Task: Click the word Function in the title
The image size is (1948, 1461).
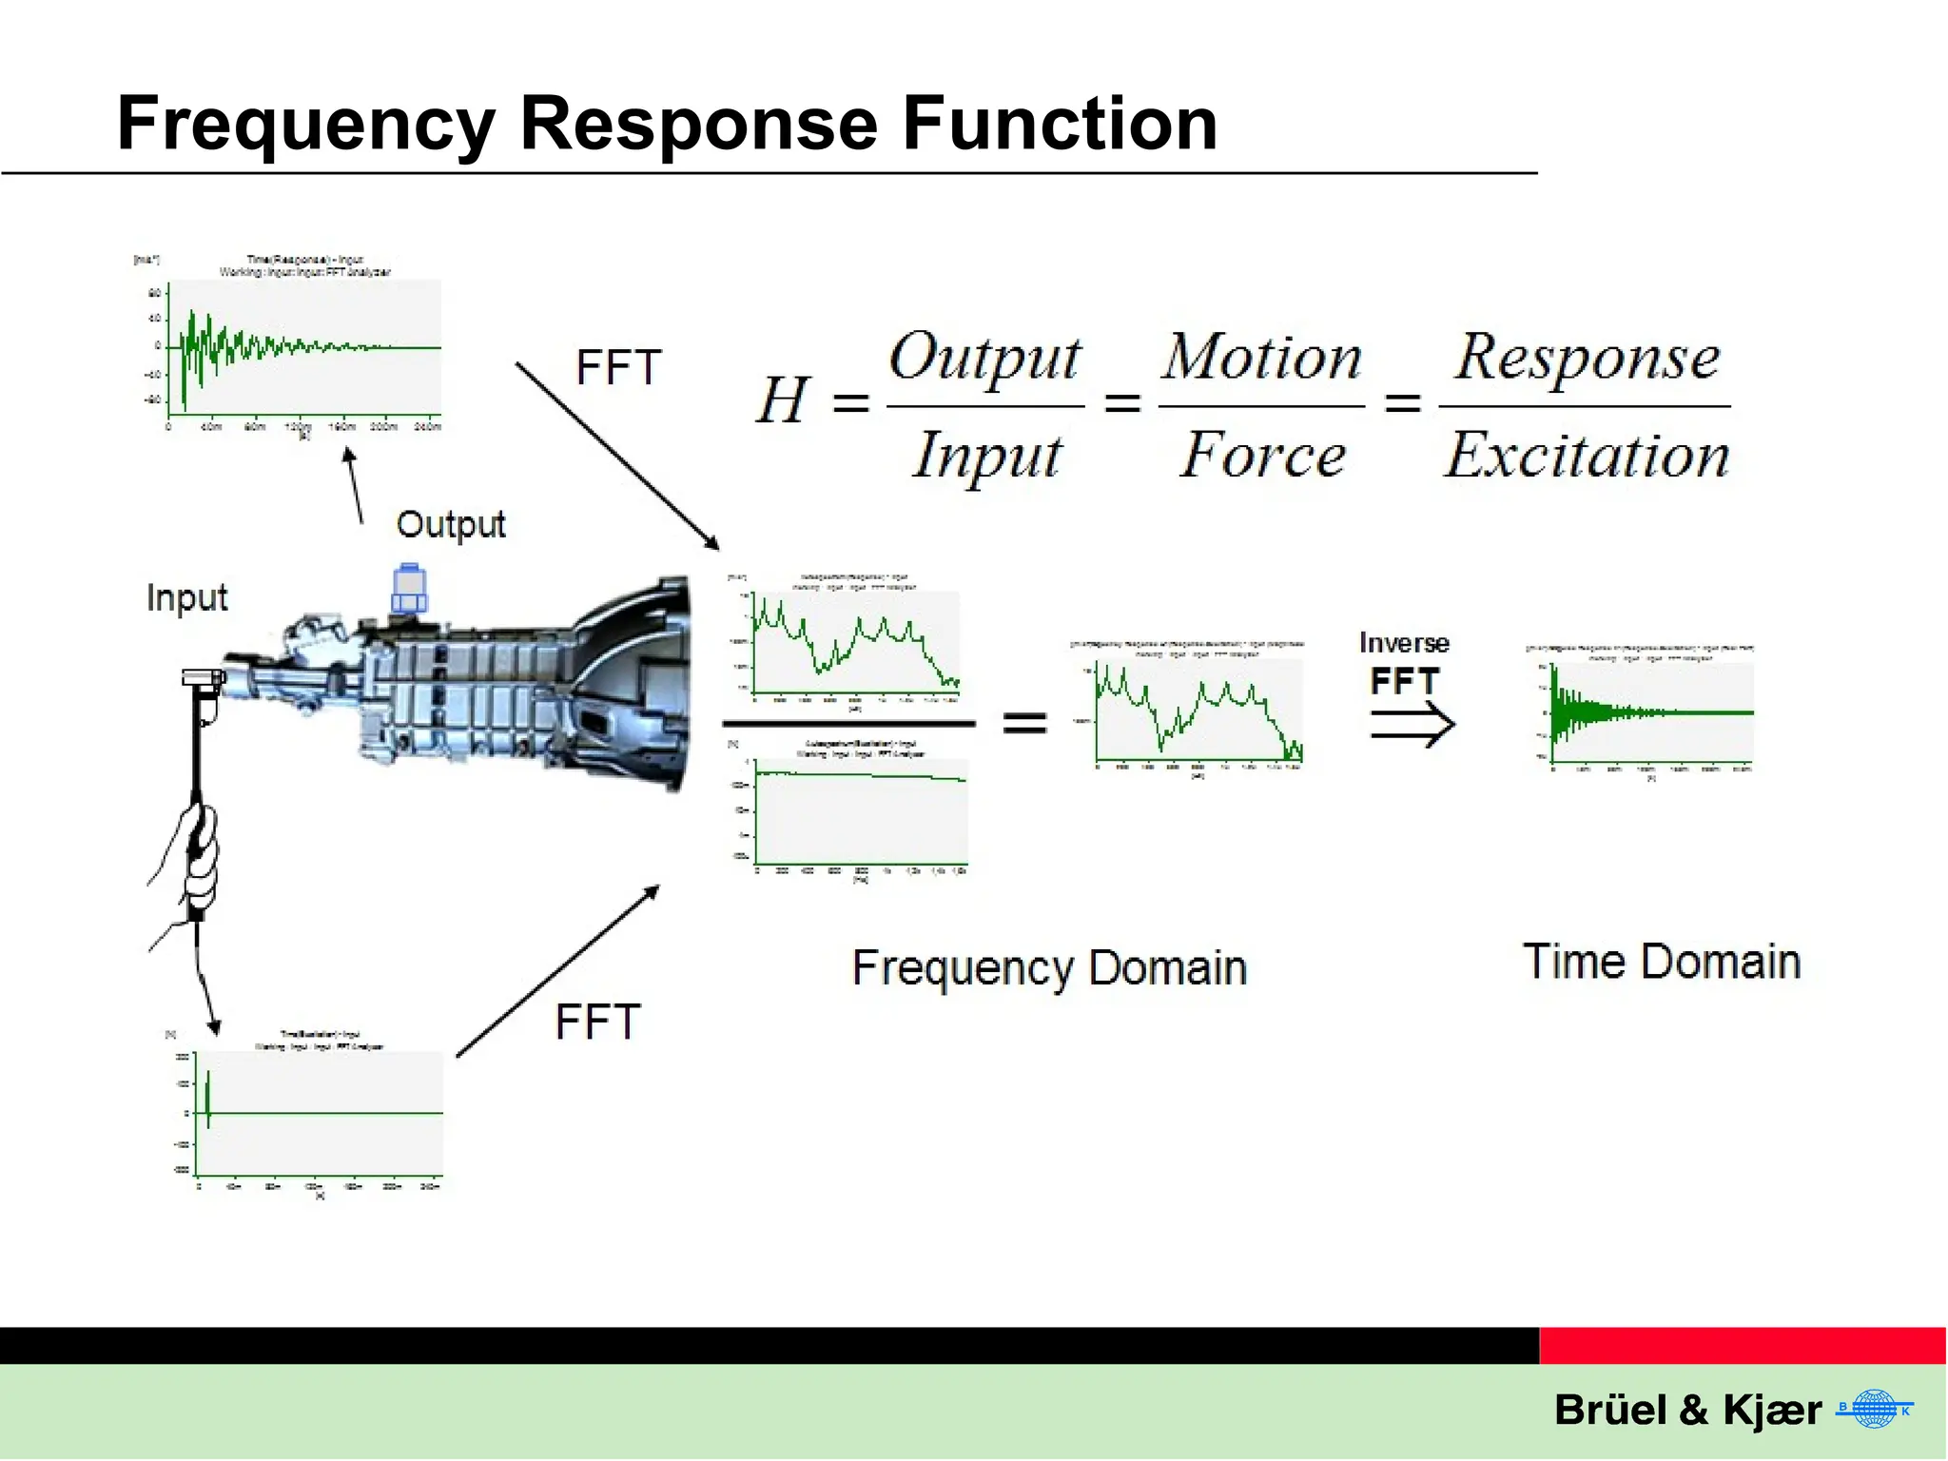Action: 1059,124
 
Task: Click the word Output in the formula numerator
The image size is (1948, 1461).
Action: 984,359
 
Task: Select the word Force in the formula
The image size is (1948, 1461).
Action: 1262,455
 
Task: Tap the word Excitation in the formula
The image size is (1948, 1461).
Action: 1587,455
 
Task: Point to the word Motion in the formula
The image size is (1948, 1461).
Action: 1261,359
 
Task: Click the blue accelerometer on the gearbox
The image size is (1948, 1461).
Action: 409,590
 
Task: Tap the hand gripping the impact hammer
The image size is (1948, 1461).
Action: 198,856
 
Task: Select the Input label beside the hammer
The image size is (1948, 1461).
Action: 186,598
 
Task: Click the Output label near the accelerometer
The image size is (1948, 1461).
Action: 450,525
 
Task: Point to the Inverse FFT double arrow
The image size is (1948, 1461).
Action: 1412,727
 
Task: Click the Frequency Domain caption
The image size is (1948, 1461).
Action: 1049,968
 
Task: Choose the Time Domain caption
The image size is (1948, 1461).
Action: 1662,962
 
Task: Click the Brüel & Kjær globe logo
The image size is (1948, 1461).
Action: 1874,1409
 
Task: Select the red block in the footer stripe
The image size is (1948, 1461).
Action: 1743,1346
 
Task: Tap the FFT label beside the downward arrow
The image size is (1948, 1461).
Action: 618,368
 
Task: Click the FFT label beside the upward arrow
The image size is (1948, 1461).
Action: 597,1023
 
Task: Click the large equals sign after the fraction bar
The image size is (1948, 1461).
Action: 1024,724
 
